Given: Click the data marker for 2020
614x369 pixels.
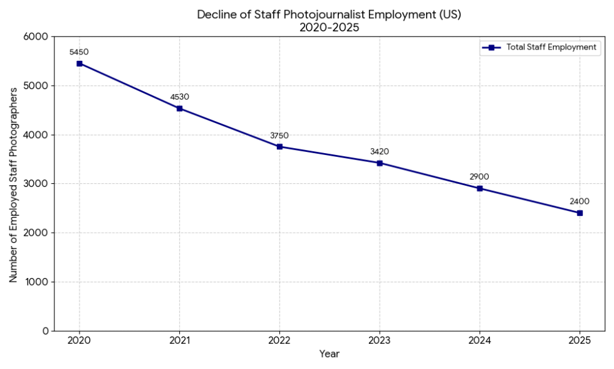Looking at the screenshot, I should (80, 63).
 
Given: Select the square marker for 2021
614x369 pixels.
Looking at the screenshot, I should (180, 109).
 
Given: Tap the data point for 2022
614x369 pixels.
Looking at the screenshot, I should (279, 147).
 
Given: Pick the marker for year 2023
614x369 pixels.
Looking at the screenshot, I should (380, 163).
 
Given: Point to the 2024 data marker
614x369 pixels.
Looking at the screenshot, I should (479, 188).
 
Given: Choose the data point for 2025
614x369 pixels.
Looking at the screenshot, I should (580, 213).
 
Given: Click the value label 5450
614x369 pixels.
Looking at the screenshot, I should (80, 51).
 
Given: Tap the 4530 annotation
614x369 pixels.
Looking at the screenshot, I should (180, 97).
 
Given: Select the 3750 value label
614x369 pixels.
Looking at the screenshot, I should (279, 135).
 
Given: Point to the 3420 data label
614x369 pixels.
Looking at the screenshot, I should (380, 151).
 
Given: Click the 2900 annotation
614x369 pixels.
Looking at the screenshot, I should (479, 176).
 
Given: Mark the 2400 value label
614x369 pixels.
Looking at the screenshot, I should (580, 201).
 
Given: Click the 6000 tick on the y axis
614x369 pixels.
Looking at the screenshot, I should (37, 37).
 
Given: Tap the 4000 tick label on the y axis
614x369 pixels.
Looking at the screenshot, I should (37, 135).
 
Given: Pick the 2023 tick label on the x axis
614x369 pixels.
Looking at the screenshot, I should (380, 341).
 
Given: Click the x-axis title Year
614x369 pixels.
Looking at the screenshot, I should (330, 355).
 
